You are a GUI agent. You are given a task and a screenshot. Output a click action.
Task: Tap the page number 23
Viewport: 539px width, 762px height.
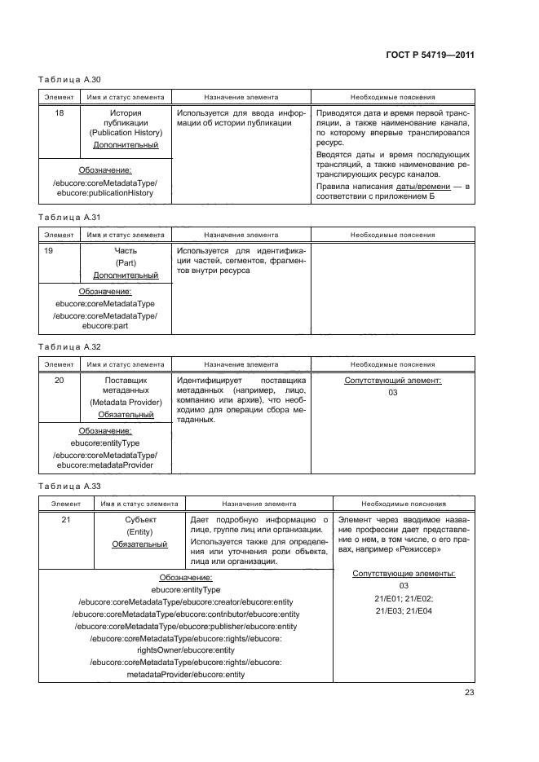click(x=470, y=693)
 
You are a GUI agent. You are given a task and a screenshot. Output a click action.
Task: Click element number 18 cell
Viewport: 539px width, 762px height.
click(x=59, y=113)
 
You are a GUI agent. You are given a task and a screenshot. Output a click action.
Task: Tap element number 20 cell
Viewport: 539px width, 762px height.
click(x=59, y=381)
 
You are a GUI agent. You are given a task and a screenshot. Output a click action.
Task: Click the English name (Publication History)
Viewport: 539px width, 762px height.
click(x=126, y=133)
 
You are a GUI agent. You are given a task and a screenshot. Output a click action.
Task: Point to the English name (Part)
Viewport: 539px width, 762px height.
click(x=126, y=263)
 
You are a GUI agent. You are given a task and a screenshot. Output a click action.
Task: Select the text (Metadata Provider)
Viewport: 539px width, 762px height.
click(x=126, y=403)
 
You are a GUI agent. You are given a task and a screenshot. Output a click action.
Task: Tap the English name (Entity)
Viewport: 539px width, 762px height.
click(x=139, y=531)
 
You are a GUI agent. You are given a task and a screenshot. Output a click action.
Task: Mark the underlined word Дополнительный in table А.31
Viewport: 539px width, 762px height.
click(x=126, y=275)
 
